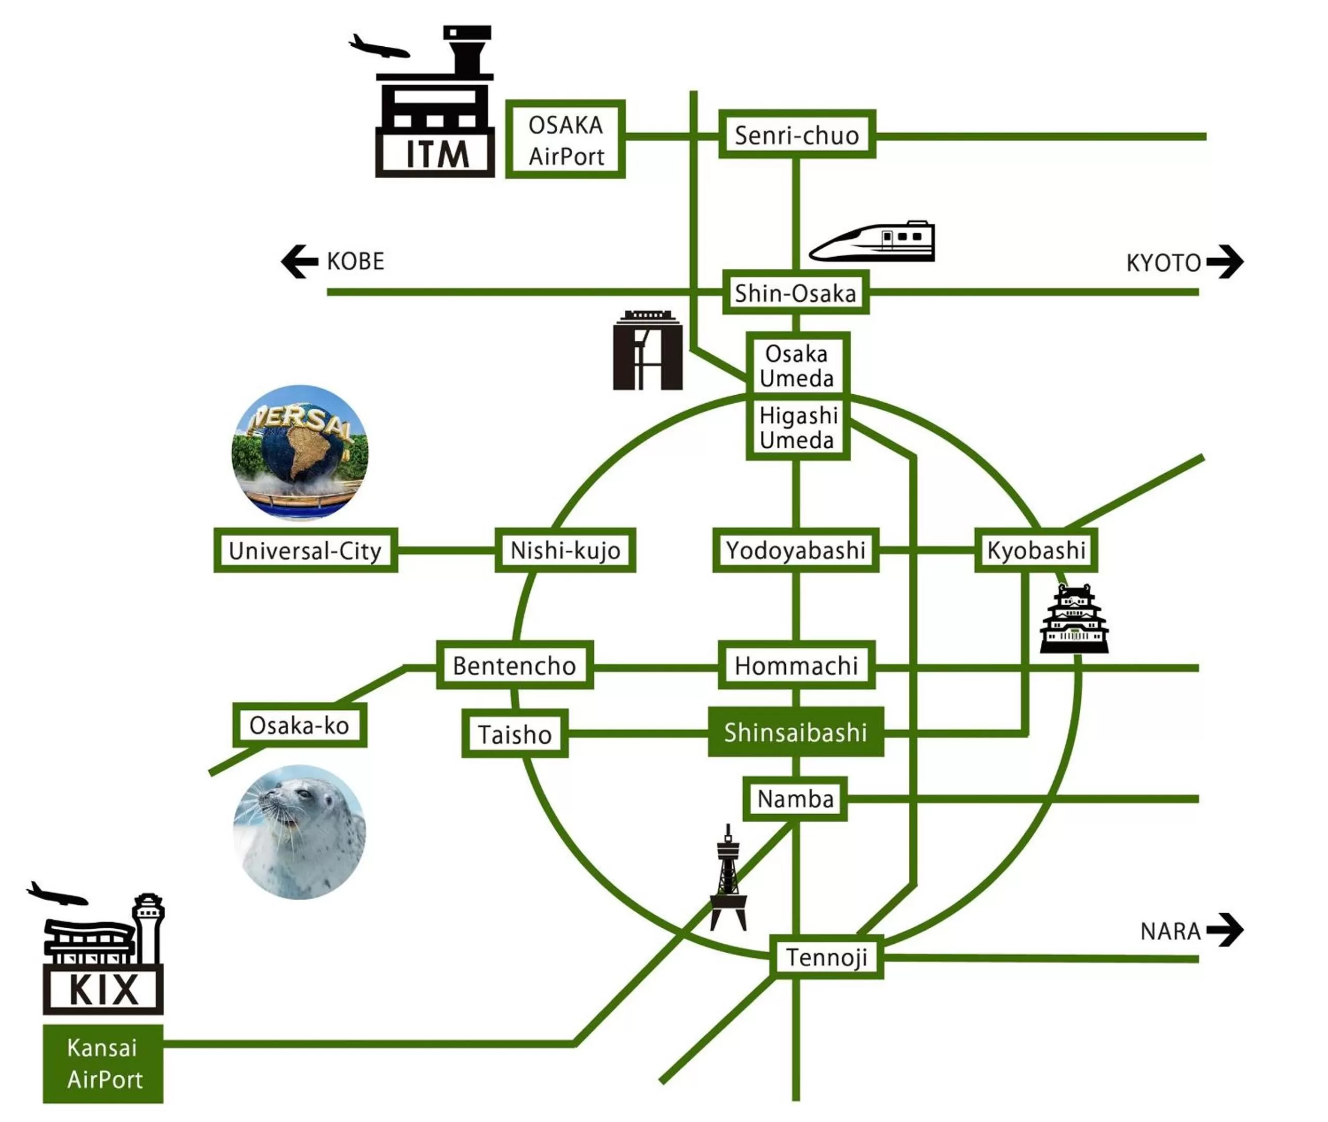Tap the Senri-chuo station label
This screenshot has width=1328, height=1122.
tap(796, 135)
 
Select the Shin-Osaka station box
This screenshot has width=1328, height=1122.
tap(795, 292)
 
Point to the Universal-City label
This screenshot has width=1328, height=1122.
tap(305, 550)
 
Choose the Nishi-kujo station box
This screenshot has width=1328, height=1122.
tap(565, 550)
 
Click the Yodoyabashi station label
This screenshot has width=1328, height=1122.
tap(795, 550)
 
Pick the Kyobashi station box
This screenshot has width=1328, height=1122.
tap(1036, 550)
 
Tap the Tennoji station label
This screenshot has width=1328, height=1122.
tap(826, 957)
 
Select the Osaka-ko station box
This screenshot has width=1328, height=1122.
tap(299, 725)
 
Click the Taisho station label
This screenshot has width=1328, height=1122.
tap(515, 734)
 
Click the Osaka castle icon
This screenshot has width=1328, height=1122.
tap(1074, 620)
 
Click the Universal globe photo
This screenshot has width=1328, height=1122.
tap(300, 452)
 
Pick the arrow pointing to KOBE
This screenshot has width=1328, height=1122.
tap(300, 261)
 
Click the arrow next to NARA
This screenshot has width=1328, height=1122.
tap(1224, 930)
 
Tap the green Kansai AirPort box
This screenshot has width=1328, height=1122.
tap(103, 1063)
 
